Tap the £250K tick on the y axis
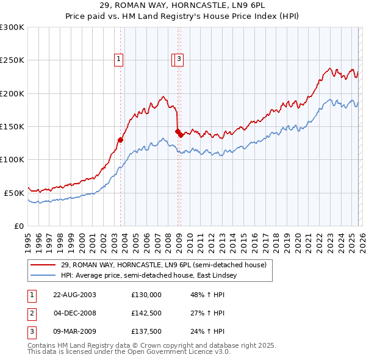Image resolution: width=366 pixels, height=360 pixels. [12, 60]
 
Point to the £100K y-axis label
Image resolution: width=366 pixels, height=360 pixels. [12, 159]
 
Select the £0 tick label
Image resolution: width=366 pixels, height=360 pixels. [18, 226]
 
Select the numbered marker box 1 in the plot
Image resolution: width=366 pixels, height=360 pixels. [118, 59]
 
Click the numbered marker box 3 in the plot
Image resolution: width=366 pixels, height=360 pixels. [180, 59]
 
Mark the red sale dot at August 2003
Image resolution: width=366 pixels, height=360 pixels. [120, 140]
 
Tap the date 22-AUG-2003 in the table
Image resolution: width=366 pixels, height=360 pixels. [74, 294]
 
